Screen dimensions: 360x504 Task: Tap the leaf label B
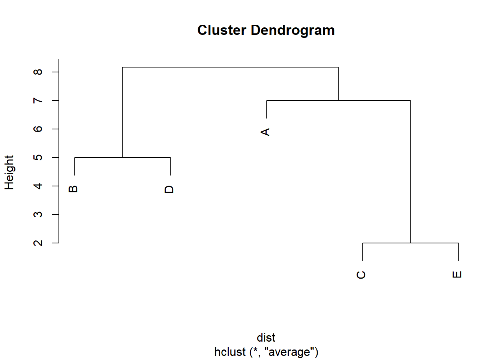[x=73, y=189]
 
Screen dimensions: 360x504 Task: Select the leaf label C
[x=361, y=275]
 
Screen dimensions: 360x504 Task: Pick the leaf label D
[x=169, y=189]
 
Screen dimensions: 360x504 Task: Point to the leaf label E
[x=457, y=274]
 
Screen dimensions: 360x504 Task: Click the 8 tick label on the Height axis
[x=38, y=72]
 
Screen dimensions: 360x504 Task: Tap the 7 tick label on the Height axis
[x=38, y=100]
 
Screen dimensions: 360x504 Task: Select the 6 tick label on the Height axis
[x=38, y=129]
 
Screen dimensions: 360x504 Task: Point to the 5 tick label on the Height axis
[x=38, y=157]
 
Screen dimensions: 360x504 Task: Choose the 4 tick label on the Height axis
[x=38, y=186]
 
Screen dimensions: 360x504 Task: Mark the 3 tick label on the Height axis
[x=38, y=214]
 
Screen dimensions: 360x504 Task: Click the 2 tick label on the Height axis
[x=38, y=243]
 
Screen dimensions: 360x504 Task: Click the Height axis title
[x=9, y=172]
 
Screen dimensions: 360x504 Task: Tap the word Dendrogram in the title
[x=292, y=30]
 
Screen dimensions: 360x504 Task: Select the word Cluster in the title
[x=222, y=30]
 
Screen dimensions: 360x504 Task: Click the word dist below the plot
[x=266, y=337]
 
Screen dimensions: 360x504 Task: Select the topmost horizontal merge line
[x=230, y=67]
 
